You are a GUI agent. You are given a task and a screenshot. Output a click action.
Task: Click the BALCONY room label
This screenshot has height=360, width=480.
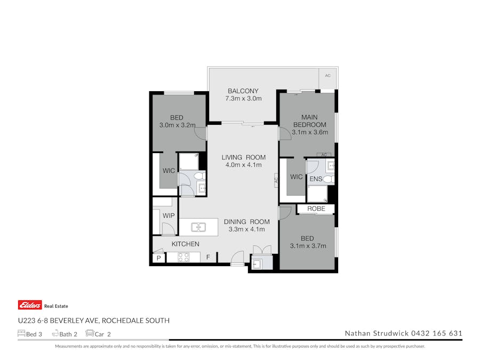[243, 91]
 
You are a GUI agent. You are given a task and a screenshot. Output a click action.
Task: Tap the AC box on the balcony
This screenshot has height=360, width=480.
[327, 76]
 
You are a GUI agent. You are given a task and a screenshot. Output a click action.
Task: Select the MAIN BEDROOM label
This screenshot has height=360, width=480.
[309, 121]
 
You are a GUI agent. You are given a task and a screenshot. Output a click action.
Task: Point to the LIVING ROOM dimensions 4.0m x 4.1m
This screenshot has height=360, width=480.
[243, 165]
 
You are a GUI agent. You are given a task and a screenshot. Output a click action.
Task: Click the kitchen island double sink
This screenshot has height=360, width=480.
[198, 227]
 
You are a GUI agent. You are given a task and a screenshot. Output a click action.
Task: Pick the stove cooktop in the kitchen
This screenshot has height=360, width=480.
[183, 258]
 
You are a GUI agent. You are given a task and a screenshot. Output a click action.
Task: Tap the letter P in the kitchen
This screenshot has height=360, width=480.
[158, 258]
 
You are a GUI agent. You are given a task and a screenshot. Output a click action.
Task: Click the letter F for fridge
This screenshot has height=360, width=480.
[209, 258]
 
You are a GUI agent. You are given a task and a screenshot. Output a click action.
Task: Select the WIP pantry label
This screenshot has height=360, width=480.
[169, 215]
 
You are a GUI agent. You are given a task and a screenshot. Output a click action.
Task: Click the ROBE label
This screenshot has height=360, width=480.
[316, 209]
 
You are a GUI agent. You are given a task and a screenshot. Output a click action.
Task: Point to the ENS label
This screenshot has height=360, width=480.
[316, 179]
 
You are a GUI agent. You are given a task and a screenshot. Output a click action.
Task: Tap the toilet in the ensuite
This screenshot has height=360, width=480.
[329, 179]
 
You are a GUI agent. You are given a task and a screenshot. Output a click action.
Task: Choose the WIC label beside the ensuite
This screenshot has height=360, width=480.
[297, 177]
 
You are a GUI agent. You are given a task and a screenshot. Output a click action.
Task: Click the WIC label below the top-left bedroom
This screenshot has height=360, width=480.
[169, 171]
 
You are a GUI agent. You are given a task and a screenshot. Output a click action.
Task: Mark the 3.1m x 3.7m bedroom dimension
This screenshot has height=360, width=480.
[308, 246]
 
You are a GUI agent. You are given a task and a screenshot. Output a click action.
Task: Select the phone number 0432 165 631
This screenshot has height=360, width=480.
[436, 333]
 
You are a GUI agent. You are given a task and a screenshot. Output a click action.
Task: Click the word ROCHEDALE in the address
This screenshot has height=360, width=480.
[124, 321]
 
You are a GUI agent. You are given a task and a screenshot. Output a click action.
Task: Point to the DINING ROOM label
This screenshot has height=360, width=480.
[246, 222]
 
